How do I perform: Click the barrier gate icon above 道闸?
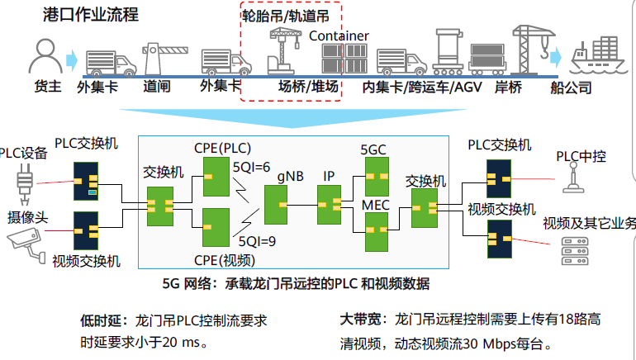coord(156,57)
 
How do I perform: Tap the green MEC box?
coord(376,232)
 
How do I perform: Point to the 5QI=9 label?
coord(256,243)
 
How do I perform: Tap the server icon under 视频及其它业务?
coord(571,250)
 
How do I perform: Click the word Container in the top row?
coord(339,36)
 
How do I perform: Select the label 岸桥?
coord(509,87)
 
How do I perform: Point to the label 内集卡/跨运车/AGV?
coord(421,87)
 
